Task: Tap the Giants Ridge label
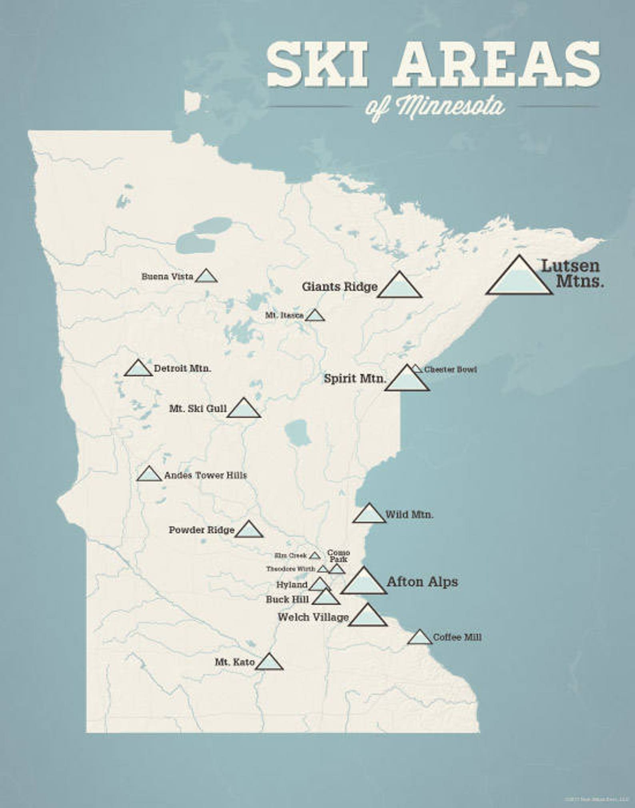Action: point(339,287)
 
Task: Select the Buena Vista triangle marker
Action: point(206,277)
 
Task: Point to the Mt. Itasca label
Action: point(284,315)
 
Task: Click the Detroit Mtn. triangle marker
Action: point(138,369)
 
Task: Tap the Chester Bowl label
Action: point(451,369)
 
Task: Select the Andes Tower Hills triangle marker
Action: point(149,475)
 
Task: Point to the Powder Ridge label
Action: point(201,530)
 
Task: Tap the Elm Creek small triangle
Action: point(315,556)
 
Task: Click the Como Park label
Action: point(338,556)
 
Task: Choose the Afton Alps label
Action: point(422,582)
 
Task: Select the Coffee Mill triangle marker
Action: point(419,638)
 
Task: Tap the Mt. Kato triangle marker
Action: point(269,663)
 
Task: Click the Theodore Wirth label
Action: point(291,569)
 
